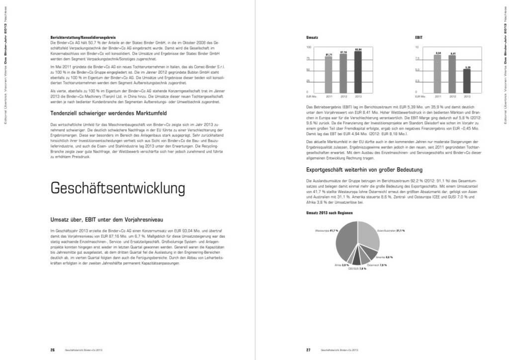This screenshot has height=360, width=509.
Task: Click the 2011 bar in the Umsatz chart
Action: coord(329,74)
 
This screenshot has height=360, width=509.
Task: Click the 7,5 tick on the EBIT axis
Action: coord(417,59)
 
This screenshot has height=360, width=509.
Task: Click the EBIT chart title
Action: coord(419,37)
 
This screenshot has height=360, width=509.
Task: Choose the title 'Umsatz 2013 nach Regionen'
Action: coord(330,212)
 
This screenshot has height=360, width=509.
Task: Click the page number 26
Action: coord(52,350)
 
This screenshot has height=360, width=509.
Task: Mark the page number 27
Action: coord(308,350)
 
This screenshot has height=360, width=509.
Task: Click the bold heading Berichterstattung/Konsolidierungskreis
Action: coord(83,38)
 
